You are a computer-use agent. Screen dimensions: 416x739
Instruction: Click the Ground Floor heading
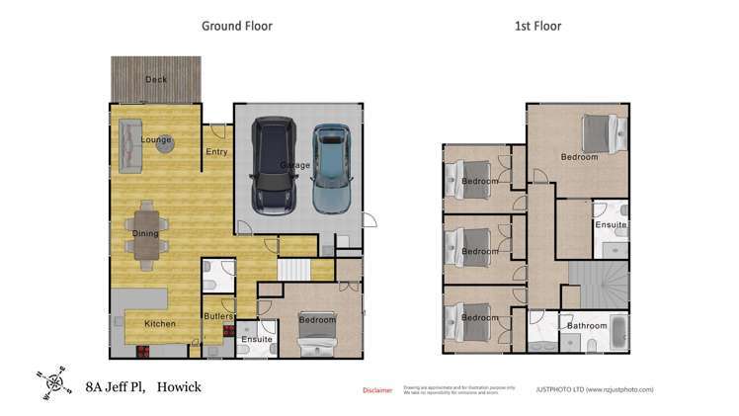tap(237, 26)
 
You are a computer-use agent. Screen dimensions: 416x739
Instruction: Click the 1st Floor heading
tap(537, 26)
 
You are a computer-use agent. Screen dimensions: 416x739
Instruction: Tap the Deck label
tap(156, 79)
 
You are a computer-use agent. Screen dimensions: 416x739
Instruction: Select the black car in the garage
tap(273, 165)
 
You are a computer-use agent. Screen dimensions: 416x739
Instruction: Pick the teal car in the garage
tap(332, 168)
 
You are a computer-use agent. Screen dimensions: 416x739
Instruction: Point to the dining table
tap(146, 234)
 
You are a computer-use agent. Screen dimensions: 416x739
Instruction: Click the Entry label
tap(216, 152)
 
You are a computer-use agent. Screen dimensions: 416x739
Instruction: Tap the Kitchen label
tap(160, 324)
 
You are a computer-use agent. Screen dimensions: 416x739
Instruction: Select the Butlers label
tap(217, 316)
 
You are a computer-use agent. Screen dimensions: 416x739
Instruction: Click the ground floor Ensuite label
tap(257, 340)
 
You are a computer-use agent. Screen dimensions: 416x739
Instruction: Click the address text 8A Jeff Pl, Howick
tap(143, 387)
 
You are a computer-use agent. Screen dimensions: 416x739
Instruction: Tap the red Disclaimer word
tap(376, 390)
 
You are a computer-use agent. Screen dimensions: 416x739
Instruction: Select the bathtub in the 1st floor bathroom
tap(614, 332)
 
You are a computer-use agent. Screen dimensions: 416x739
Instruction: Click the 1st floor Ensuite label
tap(611, 225)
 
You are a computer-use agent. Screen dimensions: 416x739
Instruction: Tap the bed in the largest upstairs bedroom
tap(602, 132)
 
